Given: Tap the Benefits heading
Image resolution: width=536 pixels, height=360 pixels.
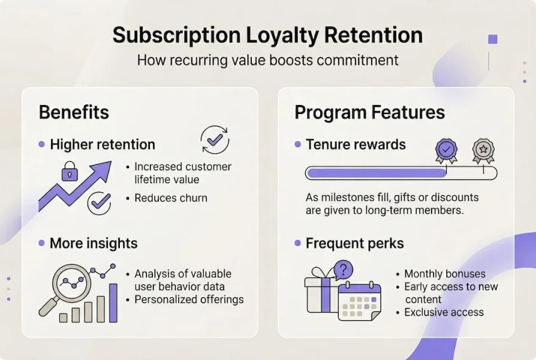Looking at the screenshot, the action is (74, 112).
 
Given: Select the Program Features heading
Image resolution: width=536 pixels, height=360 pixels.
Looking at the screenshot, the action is (369, 113).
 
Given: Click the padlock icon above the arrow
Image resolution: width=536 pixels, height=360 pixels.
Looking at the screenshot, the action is (70, 171).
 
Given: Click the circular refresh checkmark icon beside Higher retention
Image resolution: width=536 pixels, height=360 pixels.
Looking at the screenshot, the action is (215, 140).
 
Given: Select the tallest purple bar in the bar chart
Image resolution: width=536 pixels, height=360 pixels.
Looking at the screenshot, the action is (113, 303).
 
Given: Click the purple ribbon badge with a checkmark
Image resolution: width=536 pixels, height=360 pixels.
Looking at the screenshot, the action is (446, 151).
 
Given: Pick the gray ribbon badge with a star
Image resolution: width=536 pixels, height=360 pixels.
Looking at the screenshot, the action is (483, 151).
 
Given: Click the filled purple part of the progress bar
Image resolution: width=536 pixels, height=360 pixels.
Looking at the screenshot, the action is (377, 173).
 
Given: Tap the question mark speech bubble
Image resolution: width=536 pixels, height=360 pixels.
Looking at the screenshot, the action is (344, 270).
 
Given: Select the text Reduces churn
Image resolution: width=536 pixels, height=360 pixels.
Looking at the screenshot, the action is (171, 198).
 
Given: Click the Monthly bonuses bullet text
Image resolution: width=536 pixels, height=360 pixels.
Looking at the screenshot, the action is (445, 274).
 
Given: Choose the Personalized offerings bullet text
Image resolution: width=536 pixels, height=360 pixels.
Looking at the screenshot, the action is (189, 299).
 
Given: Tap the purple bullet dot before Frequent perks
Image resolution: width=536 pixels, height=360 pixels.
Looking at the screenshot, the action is (298, 243).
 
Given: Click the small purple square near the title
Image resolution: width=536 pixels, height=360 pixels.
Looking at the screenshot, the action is (493, 40).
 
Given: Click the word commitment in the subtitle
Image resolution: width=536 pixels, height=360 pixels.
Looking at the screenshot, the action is (357, 60).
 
